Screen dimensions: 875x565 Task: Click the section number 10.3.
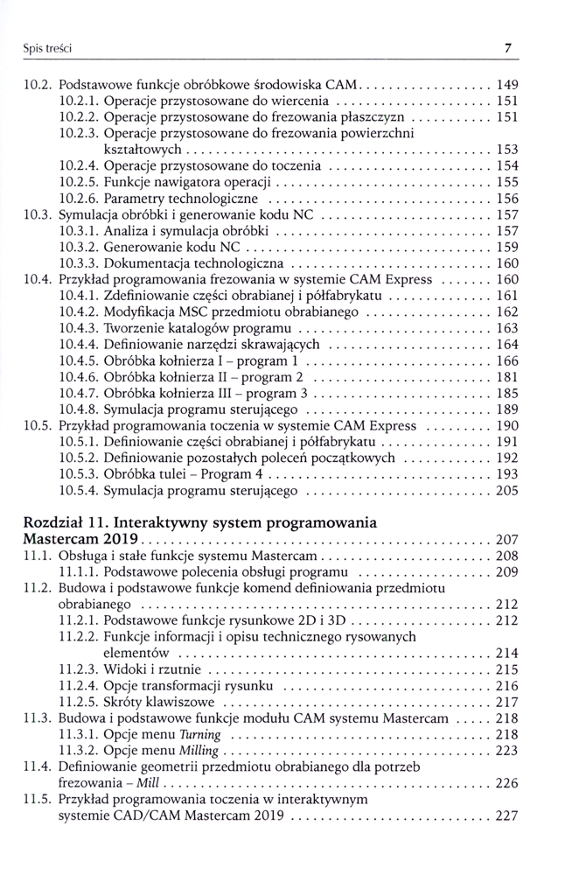(x=38, y=214)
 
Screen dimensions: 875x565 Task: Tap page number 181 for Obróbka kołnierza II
(x=506, y=376)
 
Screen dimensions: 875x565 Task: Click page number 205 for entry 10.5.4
(x=506, y=490)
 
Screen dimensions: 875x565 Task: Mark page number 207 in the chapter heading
(x=506, y=539)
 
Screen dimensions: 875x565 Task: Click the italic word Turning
(x=199, y=734)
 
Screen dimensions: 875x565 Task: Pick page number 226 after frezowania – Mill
(x=506, y=783)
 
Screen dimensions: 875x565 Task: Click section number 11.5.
(x=38, y=799)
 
